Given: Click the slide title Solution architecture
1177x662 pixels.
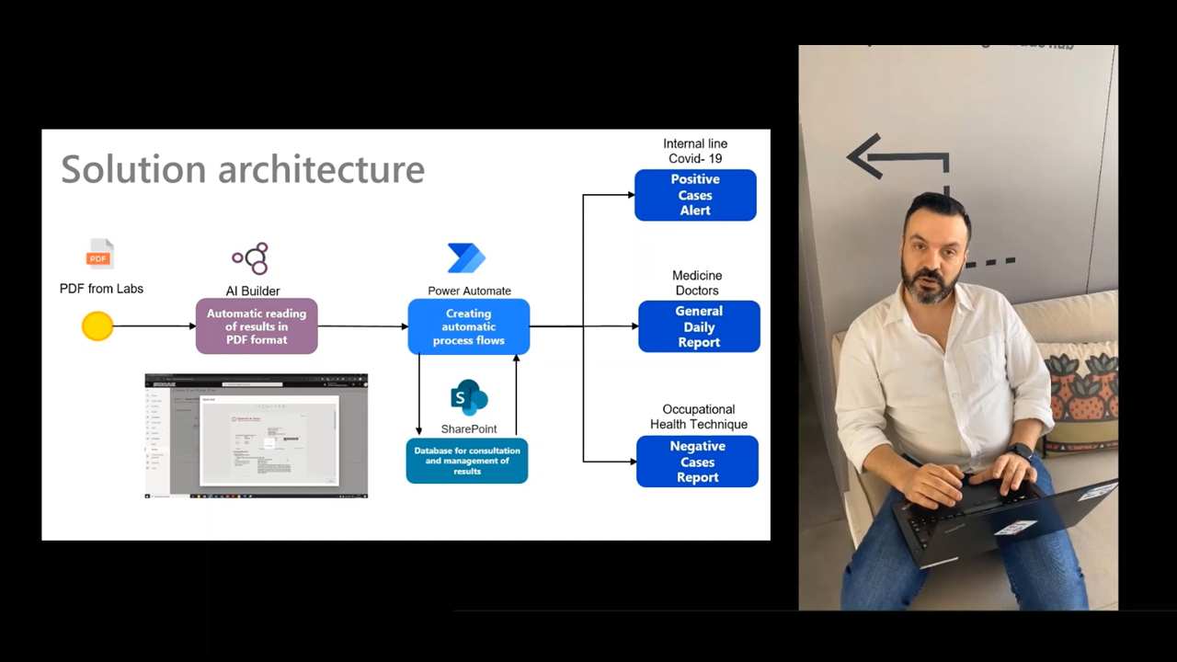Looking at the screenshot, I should point(243,170).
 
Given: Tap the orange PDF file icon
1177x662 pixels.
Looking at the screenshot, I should point(99,254).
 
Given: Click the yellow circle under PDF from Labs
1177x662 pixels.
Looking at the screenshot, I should point(97,326).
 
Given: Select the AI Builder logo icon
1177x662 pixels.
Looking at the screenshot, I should point(251,258).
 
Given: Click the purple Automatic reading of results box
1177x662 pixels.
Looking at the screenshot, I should point(257,326).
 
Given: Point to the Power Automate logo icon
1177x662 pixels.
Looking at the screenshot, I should point(466,258).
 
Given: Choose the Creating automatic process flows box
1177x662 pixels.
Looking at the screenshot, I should point(469,326).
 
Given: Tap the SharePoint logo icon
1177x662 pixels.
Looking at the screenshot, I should point(469,398).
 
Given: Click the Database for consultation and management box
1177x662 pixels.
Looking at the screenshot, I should point(467,461).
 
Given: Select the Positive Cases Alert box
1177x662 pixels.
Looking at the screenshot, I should point(695,195).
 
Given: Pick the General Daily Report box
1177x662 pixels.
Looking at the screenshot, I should point(699,326).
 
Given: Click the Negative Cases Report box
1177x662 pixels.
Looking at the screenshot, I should point(697,462).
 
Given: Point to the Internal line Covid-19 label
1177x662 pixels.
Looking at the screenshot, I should point(695,151).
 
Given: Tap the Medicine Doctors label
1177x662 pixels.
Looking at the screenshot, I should point(697,282).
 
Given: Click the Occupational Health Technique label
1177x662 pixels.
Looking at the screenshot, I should point(699,417).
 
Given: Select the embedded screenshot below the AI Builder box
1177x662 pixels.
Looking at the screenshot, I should point(257,436).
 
